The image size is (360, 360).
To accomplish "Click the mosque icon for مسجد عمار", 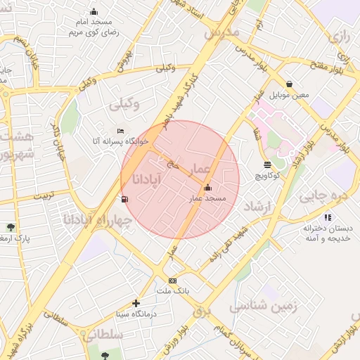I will pos(207,188).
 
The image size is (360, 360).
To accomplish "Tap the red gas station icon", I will pos(125,199).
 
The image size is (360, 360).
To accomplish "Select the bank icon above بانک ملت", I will pos(172,281).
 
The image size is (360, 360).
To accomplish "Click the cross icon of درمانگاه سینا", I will pos(136,303).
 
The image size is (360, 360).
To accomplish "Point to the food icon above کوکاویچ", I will pos(267,165).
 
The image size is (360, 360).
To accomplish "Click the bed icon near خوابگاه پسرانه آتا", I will pos(120,131).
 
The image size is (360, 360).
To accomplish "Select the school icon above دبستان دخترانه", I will pos(328,218).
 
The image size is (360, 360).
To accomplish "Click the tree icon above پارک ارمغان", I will pos(11,227).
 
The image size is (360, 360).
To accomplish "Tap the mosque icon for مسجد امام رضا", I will pos(94,11).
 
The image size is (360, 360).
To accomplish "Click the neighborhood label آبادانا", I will pos(146,181).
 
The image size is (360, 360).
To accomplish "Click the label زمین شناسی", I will pos(264,306).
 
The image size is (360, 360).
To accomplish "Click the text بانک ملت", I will pos(172,290).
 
